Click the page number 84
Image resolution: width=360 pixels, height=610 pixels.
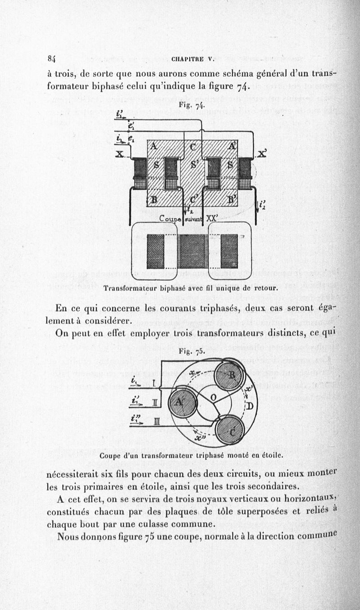click(x=51, y=58)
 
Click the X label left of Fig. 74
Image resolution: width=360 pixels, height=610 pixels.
click(x=120, y=154)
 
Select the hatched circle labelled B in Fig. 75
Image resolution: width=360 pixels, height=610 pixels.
click(x=229, y=376)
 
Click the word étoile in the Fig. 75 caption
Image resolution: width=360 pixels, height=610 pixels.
click(x=269, y=455)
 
